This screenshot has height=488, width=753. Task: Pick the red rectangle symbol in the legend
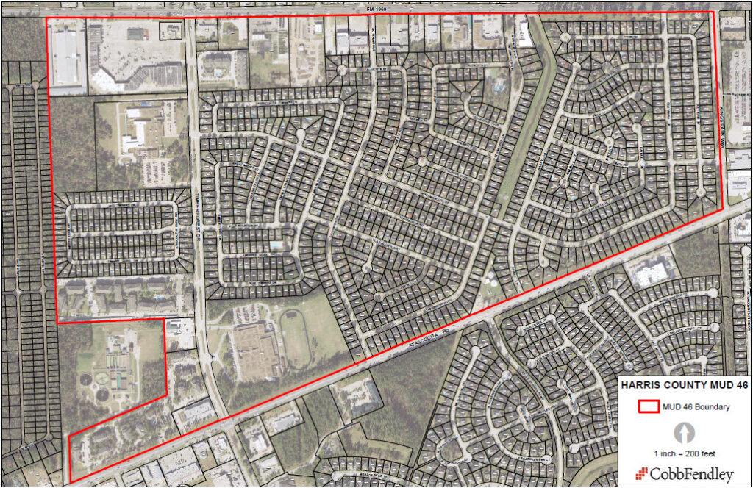647,406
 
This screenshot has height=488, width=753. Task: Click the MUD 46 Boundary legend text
696,407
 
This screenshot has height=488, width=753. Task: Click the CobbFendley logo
683,473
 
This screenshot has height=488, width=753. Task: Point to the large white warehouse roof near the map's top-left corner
66,58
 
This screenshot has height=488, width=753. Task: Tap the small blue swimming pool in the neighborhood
276,245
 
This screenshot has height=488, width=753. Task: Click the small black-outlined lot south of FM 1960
171,30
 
